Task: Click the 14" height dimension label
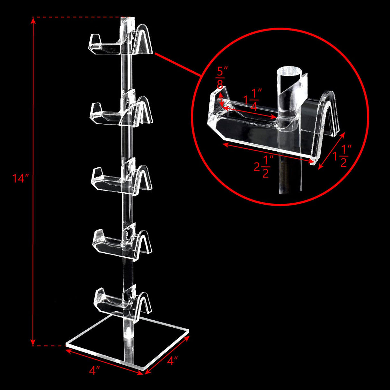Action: coord(19,178)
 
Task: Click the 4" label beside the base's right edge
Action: coord(173,361)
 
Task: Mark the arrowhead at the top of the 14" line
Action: coord(33,20)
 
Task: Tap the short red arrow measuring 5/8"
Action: coord(221,98)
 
